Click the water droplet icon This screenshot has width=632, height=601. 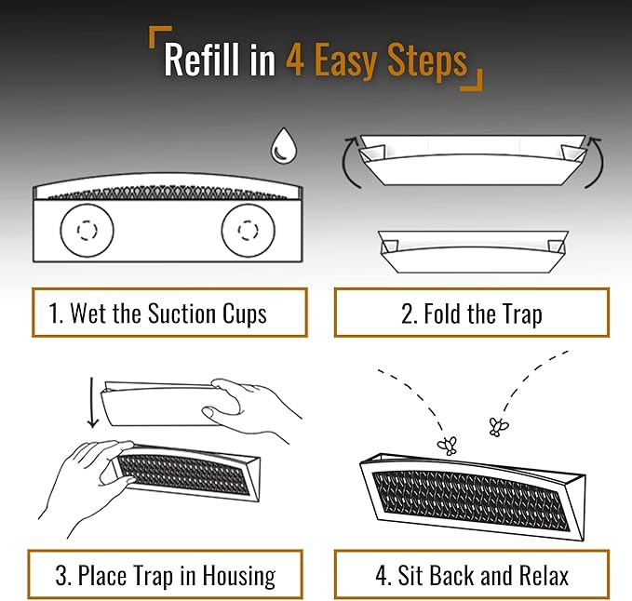[x=281, y=146]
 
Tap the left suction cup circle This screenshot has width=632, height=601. [x=87, y=229]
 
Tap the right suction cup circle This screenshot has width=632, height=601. [x=248, y=229]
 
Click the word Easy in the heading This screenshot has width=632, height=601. [x=344, y=61]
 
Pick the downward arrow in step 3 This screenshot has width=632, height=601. [x=91, y=401]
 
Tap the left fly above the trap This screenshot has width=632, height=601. [x=449, y=445]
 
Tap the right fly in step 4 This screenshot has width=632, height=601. [x=499, y=427]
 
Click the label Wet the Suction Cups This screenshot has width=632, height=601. [x=168, y=314]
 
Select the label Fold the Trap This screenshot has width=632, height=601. [x=471, y=314]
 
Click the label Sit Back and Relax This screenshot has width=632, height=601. [x=471, y=575]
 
